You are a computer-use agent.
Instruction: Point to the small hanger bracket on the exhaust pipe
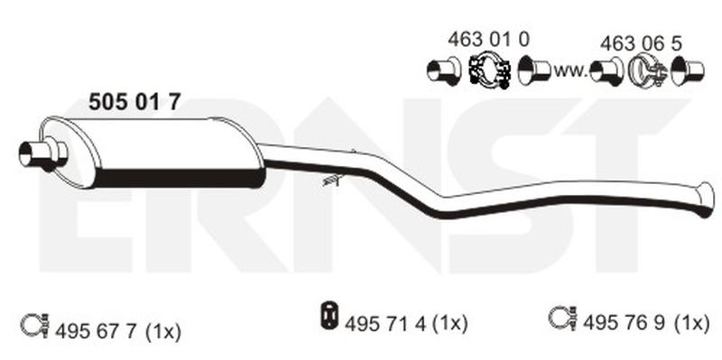point(331,180)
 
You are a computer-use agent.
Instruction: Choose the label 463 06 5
point(641,42)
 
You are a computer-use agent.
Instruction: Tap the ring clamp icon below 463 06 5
point(646,69)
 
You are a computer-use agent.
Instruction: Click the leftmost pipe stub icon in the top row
point(443,69)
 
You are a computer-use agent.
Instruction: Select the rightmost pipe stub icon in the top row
point(690,69)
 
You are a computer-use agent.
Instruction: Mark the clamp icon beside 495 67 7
point(32,320)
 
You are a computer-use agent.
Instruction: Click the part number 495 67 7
point(92,331)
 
